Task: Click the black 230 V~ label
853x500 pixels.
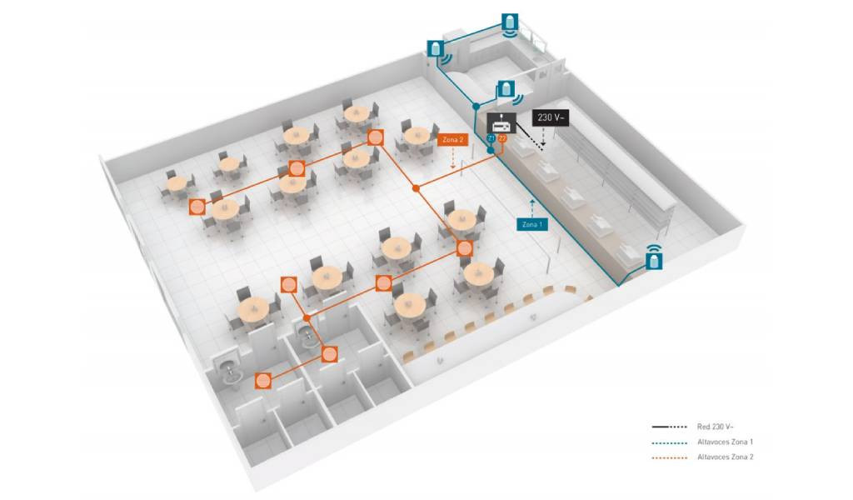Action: [x=551, y=117]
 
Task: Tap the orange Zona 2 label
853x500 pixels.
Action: [x=452, y=140]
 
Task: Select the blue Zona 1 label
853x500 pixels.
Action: [x=532, y=224]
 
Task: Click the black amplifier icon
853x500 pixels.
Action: [x=501, y=123]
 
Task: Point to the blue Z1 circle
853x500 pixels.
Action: [x=492, y=138]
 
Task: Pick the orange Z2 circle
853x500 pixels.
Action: [x=502, y=138]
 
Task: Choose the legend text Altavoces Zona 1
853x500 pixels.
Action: [x=726, y=442]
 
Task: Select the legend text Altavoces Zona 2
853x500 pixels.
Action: [x=726, y=457]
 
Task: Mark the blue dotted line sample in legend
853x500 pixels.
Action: [x=670, y=442]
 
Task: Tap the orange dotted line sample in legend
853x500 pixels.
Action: [x=670, y=457]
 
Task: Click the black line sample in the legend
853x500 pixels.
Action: [x=670, y=427]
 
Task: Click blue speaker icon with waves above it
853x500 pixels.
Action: [x=655, y=257]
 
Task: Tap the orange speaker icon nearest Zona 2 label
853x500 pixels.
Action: [x=375, y=137]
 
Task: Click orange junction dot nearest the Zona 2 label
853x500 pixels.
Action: [x=417, y=188]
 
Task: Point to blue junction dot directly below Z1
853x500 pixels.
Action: [x=490, y=150]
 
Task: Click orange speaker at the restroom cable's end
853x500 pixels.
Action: [x=263, y=380]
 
